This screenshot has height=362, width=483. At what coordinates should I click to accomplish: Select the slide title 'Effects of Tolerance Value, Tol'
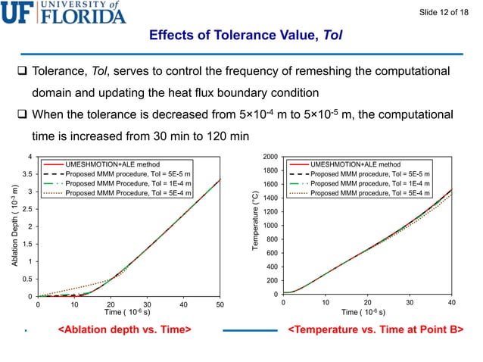(241, 36)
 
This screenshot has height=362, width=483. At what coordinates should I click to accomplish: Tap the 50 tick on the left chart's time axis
(220, 305)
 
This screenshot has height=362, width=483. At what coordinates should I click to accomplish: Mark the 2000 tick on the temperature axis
(270, 157)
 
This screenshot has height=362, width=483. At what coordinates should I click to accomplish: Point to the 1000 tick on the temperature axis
(270, 226)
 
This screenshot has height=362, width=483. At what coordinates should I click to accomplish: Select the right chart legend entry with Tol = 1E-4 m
(371, 183)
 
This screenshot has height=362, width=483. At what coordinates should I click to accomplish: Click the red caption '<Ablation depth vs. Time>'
(124, 330)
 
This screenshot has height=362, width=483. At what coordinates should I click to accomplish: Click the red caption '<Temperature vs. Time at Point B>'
(375, 330)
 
